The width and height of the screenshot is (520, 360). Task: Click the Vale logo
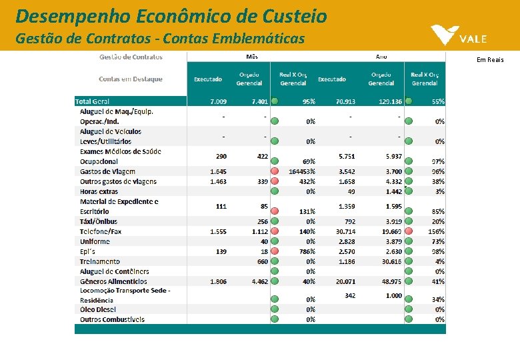459,36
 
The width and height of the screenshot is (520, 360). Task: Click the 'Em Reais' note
490,60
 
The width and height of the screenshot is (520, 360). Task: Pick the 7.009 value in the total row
218,101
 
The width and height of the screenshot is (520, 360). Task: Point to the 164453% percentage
301,171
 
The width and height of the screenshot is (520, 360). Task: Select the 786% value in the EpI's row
307,251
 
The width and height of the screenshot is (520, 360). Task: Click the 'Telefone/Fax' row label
101,231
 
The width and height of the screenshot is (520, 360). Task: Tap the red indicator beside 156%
409,231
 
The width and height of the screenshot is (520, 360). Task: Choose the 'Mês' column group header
252,57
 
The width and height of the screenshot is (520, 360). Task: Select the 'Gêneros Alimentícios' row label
113,281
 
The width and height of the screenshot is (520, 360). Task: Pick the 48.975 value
390,281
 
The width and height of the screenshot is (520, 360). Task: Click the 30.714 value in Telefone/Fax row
345,231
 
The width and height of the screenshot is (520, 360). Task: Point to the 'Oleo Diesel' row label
97,309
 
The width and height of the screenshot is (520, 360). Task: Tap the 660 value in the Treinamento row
262,261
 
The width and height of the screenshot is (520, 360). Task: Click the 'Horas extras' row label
99,191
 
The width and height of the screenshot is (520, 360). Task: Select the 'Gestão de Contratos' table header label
131,57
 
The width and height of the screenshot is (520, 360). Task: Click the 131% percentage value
307,211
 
